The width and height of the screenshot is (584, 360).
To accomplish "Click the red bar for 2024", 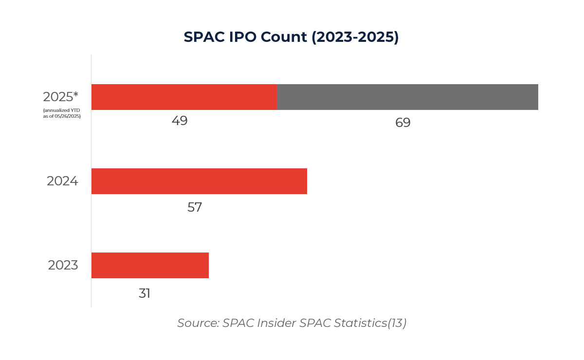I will click(x=199, y=181).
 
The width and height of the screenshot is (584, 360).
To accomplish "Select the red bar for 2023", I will click(x=150, y=265).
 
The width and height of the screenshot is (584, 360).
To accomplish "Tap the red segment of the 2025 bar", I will click(x=184, y=97).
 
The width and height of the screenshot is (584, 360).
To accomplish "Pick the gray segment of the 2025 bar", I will click(x=407, y=97).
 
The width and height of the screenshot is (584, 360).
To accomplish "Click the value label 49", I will click(x=180, y=121).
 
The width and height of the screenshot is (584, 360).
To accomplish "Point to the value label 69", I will click(x=402, y=123).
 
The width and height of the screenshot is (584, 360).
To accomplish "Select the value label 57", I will click(x=194, y=207).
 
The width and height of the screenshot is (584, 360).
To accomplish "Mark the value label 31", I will click(x=145, y=293).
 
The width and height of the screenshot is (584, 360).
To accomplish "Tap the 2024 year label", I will click(x=62, y=181).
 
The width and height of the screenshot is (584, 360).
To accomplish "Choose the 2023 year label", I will click(x=63, y=265).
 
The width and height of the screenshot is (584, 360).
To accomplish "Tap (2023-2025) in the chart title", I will click(x=355, y=37).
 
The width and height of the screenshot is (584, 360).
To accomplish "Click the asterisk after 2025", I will click(x=76, y=94).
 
